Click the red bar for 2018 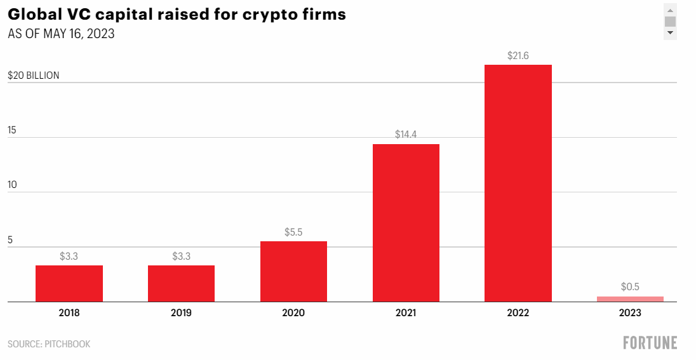tap(69, 284)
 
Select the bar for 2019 tap(181, 284)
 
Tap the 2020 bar tap(293, 272)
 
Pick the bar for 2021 tap(406, 223)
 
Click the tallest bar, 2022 tap(518, 183)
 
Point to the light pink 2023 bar tap(630, 299)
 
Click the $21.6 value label tap(518, 56)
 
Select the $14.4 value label tap(406, 135)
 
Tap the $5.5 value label tap(293, 232)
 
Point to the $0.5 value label tap(630, 287)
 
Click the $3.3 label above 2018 tap(69, 256)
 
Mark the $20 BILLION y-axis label tap(33, 76)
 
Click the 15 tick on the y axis tap(12, 130)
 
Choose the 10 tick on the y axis tap(13, 185)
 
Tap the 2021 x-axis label tap(406, 313)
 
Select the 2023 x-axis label tap(630, 313)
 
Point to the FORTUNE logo tap(650, 343)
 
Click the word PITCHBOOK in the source tap(67, 344)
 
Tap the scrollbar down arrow tap(670, 33)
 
